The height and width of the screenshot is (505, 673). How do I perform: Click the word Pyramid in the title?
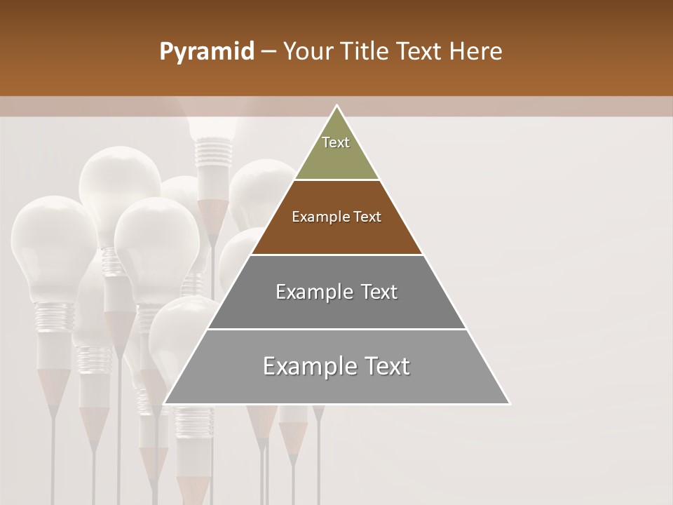pos(206,52)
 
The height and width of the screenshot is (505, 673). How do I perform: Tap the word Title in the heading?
pos(366,52)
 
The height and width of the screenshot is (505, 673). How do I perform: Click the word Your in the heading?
pos(307,52)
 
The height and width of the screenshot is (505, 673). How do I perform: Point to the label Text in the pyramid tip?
pos(336,142)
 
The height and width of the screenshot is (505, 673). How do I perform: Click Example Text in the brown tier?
pos(336,217)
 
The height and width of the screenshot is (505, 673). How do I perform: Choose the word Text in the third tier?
pos(375,292)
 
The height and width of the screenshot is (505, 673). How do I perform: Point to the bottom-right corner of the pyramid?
pos(509,403)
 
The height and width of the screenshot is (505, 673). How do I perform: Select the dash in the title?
pos(268,52)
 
